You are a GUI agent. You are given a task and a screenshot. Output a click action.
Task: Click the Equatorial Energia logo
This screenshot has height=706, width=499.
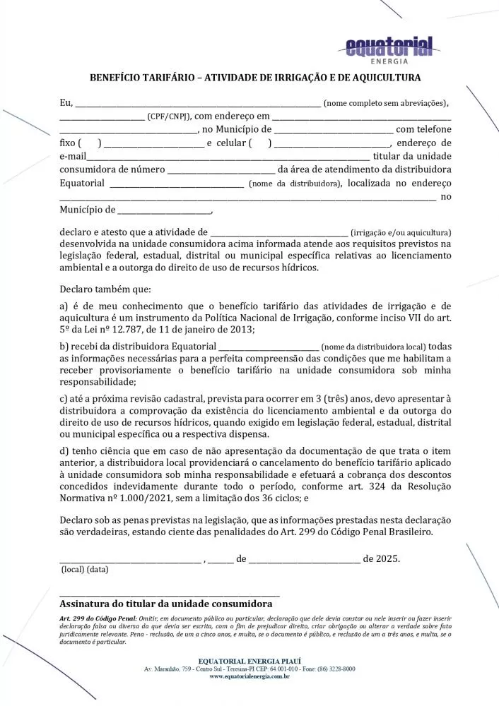pyautogui.click(x=389, y=49)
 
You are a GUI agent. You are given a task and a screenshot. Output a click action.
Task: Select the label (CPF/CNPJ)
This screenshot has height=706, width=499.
pyautogui.click(x=169, y=116)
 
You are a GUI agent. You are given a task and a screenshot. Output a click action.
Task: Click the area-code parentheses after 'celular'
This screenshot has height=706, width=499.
pyautogui.click(x=260, y=143)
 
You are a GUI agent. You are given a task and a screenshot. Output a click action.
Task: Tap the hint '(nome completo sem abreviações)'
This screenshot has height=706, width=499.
pyautogui.click(x=385, y=103)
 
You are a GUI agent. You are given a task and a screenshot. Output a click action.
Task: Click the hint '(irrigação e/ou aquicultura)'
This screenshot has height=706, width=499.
pyautogui.click(x=401, y=232)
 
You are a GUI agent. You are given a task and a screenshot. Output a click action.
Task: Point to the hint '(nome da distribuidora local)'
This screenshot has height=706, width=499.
pyautogui.click(x=374, y=347)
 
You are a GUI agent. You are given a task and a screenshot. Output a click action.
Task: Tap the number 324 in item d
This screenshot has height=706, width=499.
pyautogui.click(x=385, y=486)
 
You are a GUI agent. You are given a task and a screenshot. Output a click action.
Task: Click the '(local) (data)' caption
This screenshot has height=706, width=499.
pyautogui.click(x=85, y=569)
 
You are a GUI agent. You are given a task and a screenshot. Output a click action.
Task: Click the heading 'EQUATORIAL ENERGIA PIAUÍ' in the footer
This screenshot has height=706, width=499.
pyautogui.click(x=249, y=660)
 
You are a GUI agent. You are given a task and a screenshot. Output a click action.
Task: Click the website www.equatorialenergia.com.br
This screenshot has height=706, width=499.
pyautogui.click(x=249, y=676)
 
